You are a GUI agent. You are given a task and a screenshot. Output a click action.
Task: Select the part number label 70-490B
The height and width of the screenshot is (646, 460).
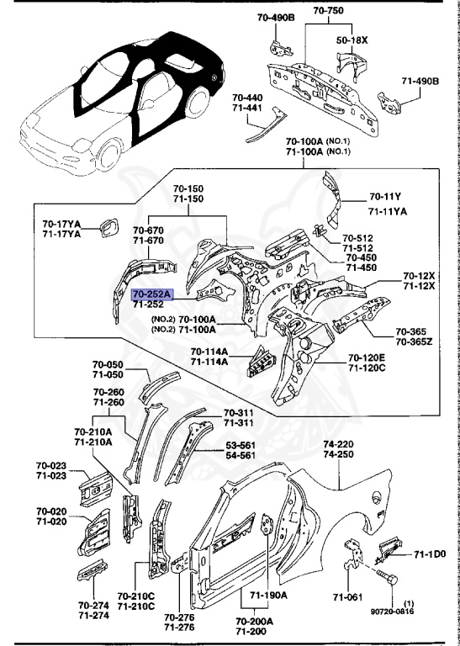click(x=266, y=17)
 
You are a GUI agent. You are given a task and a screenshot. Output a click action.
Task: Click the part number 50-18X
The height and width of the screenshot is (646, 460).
click(x=354, y=40)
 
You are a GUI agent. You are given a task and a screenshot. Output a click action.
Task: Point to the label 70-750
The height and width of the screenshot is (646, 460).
click(x=329, y=11)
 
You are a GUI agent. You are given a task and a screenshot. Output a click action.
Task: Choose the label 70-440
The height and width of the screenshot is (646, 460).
click(x=249, y=98)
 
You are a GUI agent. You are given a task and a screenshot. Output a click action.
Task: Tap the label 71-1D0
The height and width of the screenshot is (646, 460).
click(x=429, y=556)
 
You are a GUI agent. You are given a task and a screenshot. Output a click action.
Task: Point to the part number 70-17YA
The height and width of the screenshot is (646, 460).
click(x=61, y=223)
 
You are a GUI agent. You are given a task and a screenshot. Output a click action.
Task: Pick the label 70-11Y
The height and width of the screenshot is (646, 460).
click(x=387, y=199)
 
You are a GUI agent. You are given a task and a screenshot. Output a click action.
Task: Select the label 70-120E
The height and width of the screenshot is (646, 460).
click(x=367, y=357)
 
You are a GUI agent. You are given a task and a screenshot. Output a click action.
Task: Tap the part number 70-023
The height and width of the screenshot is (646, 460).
click(x=50, y=465)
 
